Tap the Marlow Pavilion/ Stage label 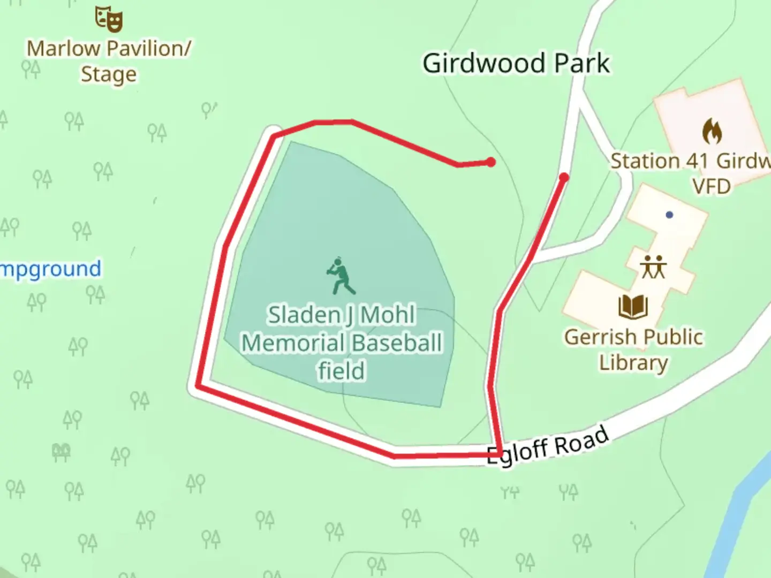(109, 61)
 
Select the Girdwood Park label (516, 63)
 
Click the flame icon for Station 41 (712, 132)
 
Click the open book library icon (633, 307)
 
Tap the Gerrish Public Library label (633, 349)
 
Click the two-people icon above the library (653, 267)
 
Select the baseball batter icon (340, 276)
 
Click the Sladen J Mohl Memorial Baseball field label (342, 343)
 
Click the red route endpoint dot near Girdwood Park (490, 162)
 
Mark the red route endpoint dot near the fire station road (564, 177)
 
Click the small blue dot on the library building (669, 215)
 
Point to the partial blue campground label (51, 269)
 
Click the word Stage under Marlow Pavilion (109, 74)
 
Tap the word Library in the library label (633, 362)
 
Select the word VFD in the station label (711, 186)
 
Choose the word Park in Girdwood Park (582, 63)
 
